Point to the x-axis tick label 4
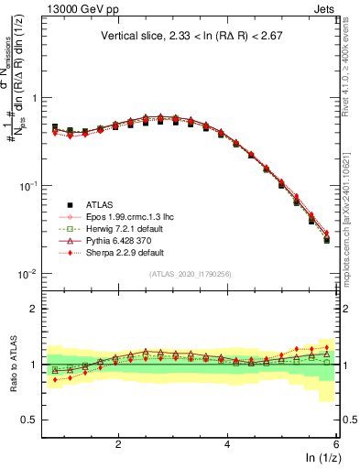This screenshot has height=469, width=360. [x=227, y=442]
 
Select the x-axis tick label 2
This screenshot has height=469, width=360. [x=118, y=442]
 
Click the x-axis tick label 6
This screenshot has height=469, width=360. [x=335, y=442]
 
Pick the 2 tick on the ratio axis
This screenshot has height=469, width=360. [x=34, y=309]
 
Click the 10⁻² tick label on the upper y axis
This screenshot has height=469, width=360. [x=27, y=274]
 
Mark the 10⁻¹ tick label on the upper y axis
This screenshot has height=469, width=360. [x=27, y=186]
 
